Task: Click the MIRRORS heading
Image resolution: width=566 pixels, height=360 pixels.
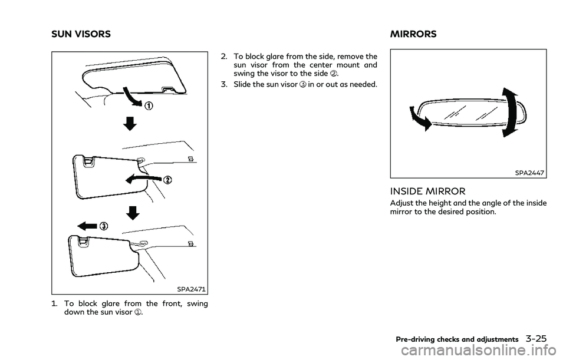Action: click(413, 34)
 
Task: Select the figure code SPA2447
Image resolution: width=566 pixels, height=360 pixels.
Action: click(529, 173)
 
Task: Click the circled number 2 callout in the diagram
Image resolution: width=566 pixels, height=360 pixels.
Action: click(167, 179)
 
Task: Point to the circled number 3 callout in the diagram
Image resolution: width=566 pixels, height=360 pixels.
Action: click(103, 226)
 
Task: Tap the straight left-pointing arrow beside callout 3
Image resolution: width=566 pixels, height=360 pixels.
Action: click(85, 226)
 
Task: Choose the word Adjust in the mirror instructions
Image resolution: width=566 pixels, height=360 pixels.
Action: click(403, 203)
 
